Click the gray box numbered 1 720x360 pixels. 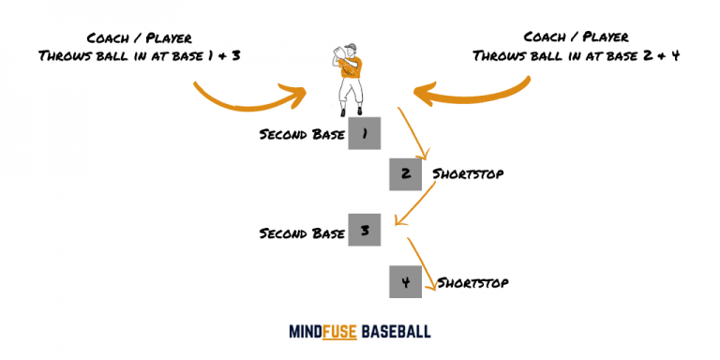364,134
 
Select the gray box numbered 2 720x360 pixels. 405,174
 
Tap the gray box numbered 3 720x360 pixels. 364,230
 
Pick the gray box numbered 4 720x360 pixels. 405,281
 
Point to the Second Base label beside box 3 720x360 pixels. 300,232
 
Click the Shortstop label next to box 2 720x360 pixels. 470,174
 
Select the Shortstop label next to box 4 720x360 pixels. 472,282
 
